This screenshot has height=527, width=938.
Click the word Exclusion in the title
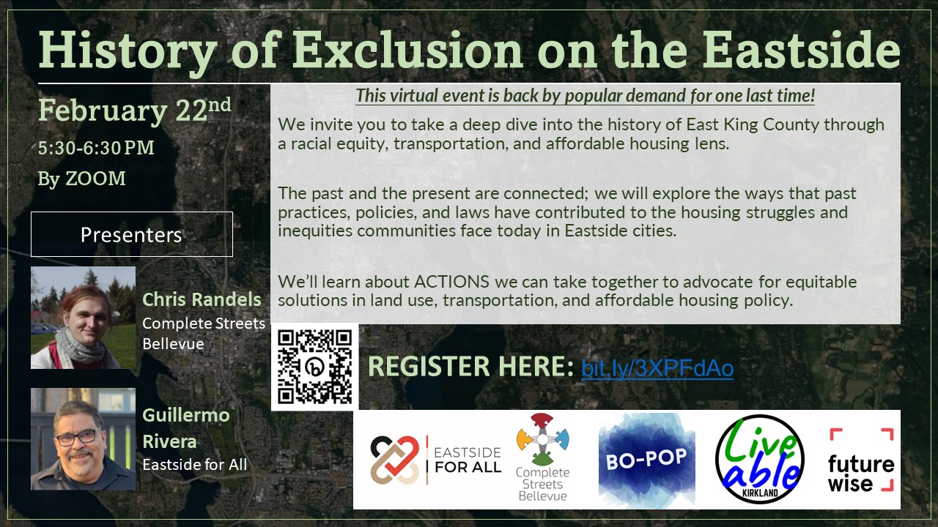click(407, 51)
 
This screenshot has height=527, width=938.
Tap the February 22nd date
click(134, 110)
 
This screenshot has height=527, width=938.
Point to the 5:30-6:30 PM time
click(96, 148)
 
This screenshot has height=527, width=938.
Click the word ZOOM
click(95, 179)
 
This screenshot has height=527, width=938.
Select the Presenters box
click(132, 234)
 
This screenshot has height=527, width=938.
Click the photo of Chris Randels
click(83, 317)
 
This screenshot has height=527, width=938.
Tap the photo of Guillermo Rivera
click(83, 438)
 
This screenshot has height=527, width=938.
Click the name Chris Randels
click(202, 299)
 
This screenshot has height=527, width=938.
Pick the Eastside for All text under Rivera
click(194, 464)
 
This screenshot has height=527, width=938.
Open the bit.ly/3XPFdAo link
click(657, 368)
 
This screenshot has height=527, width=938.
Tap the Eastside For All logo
click(435, 460)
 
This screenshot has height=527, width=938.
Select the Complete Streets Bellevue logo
click(543, 458)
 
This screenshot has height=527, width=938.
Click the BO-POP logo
click(646, 459)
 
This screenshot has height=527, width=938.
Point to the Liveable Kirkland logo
click(760, 460)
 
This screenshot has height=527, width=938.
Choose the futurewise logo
click(861, 460)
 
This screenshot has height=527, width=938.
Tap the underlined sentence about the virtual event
click(585, 96)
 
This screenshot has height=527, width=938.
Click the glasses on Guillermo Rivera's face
click(76, 437)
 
